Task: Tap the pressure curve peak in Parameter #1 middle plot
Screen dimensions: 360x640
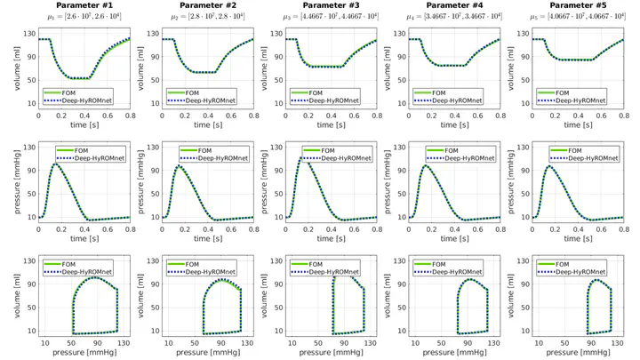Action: tap(56, 164)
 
